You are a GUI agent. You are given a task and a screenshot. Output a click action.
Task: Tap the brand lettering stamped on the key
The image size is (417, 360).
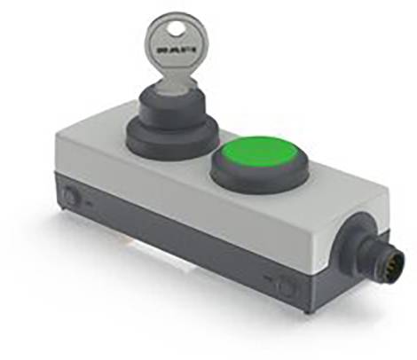(177, 50)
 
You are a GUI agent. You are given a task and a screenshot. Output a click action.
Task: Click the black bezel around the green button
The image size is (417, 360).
(260, 175)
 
